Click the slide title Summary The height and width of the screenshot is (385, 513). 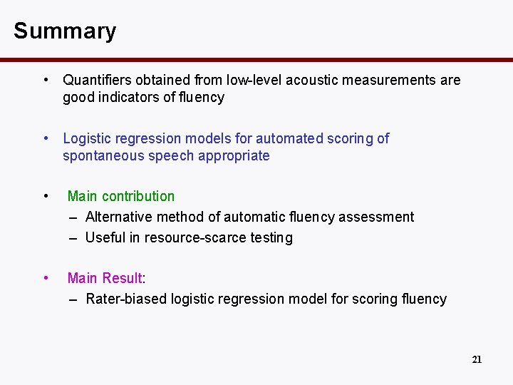[x=64, y=31]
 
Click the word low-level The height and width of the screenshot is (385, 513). [x=249, y=80]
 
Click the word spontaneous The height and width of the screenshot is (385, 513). [x=103, y=156]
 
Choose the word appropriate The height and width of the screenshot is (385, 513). [x=234, y=156]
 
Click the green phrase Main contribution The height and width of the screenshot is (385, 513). [x=121, y=196]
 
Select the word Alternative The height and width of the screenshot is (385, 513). [x=118, y=217]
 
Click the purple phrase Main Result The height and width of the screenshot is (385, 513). [x=105, y=278]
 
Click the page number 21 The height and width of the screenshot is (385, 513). [x=477, y=359]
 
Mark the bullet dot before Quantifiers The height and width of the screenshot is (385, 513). [x=45, y=80]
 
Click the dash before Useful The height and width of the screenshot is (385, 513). [x=74, y=238]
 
